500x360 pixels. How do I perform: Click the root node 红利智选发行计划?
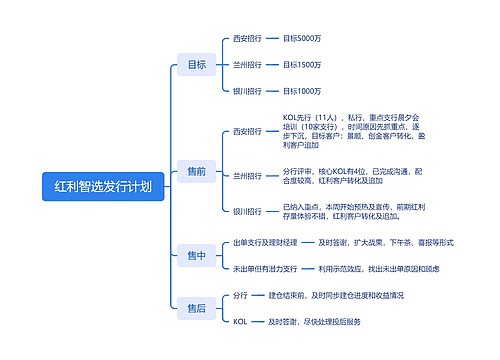[103, 186]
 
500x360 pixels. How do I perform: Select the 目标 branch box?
[196, 65]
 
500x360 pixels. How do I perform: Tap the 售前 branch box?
[196, 171]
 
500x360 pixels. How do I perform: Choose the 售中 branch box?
[196, 256]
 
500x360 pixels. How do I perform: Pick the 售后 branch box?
[196, 309]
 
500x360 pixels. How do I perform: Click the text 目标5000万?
[302, 38]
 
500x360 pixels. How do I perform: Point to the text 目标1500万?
[302, 65]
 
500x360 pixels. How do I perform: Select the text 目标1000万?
[302, 92]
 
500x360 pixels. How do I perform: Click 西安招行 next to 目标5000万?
[247, 38]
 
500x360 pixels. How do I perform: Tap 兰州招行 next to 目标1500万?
[247, 65]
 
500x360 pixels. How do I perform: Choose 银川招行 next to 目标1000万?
[247, 92]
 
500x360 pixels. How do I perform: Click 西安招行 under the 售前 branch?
[247, 131]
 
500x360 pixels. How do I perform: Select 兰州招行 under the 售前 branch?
[247, 175]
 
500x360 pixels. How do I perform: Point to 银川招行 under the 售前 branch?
[247, 212]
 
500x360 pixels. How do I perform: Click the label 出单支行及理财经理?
[265, 243]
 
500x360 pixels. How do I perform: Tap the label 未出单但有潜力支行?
[265, 269]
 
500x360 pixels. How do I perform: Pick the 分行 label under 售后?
[240, 296]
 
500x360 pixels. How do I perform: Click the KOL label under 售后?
[240, 322]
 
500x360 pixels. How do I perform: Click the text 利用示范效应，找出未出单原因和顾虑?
[378, 269]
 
